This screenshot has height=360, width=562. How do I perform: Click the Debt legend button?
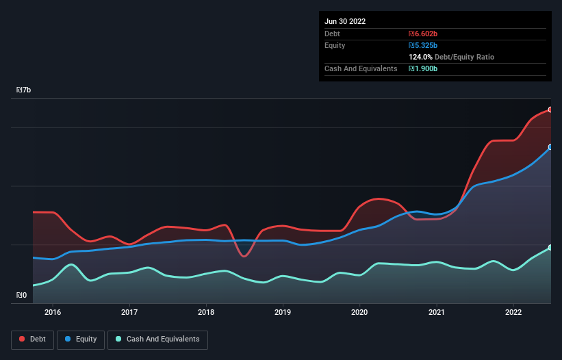[x=31, y=339]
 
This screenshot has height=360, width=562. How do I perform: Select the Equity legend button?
[x=81, y=339]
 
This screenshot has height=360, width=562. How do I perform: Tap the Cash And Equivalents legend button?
[x=157, y=339]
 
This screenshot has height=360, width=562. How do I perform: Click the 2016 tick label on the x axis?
[x=53, y=312]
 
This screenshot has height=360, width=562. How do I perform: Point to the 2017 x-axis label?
[x=129, y=312]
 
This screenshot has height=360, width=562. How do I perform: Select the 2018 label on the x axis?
[x=206, y=312]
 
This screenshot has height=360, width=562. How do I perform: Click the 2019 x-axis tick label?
[x=283, y=312]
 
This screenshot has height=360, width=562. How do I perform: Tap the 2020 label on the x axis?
[x=359, y=312]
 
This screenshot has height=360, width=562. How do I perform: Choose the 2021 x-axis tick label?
[x=436, y=312]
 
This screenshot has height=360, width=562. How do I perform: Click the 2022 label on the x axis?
[x=513, y=312]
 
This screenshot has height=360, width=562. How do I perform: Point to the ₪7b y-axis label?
[x=24, y=90]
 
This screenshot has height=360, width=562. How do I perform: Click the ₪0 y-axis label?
[x=22, y=296]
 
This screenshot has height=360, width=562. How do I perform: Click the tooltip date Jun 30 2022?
[x=345, y=21]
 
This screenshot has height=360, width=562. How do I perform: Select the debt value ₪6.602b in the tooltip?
[x=422, y=34]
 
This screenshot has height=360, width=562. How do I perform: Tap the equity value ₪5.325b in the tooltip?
[x=422, y=45]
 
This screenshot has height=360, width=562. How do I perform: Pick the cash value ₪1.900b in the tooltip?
[x=422, y=69]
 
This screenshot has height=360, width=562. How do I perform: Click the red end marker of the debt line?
[x=550, y=110]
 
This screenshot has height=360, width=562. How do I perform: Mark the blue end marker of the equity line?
[x=550, y=147]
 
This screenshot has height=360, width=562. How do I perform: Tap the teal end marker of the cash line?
[x=550, y=248]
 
